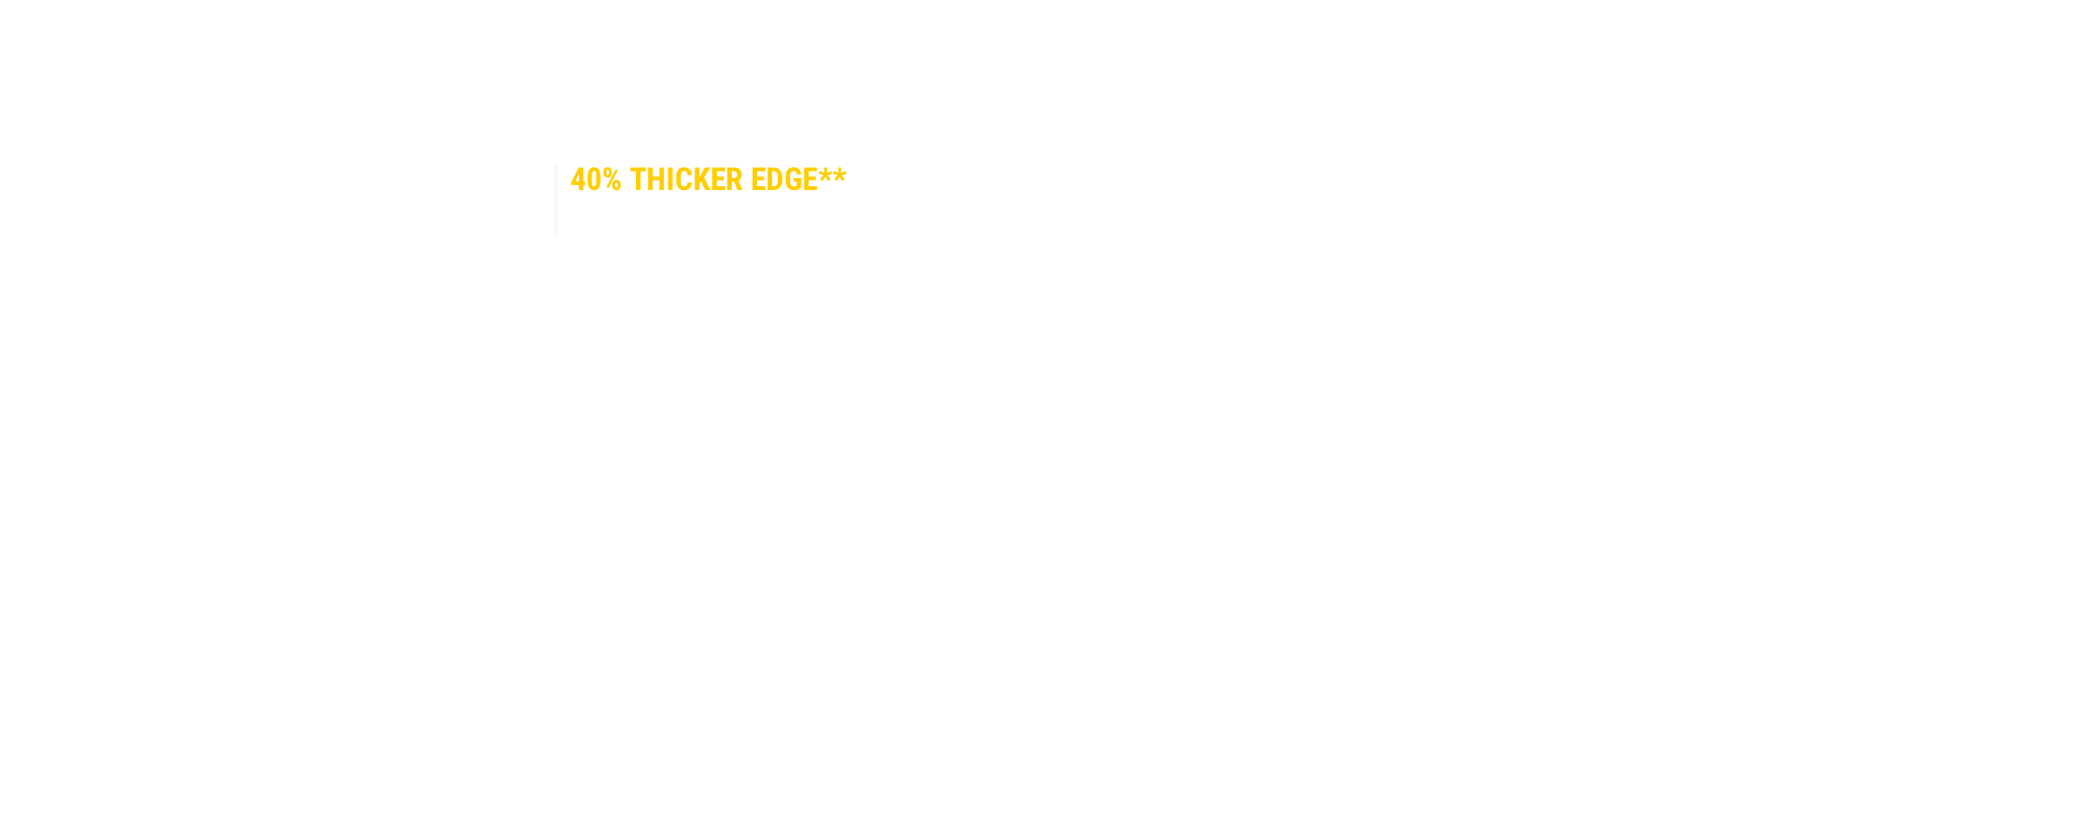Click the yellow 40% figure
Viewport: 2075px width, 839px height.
click(x=596, y=180)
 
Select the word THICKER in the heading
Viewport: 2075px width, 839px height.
click(x=686, y=180)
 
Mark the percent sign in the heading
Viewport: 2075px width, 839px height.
click(x=611, y=180)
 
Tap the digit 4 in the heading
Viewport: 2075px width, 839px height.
click(x=577, y=180)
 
